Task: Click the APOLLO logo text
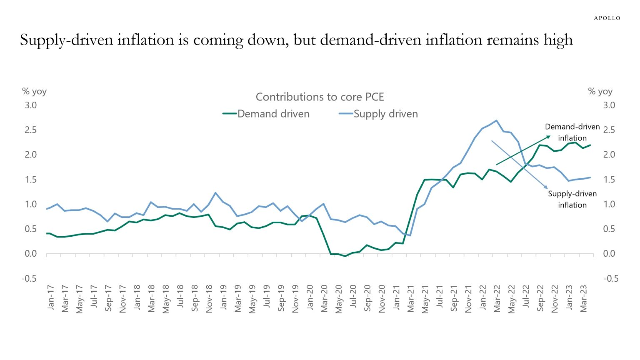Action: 607,18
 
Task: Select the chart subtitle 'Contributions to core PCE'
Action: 320,97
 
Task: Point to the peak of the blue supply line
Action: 496,120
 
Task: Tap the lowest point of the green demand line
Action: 345,256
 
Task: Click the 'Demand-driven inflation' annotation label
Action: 572,132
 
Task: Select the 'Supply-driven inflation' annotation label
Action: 572,199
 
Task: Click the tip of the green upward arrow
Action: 550,136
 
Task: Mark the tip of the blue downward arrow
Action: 547,189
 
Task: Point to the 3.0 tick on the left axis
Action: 30,105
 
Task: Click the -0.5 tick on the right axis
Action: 610,278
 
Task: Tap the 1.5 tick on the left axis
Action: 30,179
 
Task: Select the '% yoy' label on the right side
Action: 600,91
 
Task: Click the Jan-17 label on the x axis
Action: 51,297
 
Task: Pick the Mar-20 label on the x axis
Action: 324,298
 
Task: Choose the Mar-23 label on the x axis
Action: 583,298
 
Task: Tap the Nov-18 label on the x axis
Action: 209,298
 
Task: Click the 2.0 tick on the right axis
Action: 609,155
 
